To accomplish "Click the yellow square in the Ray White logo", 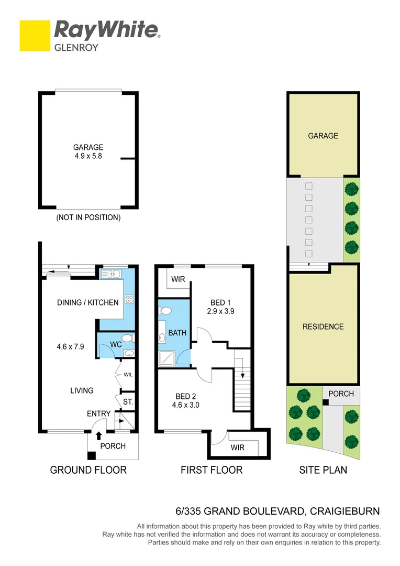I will click(x=35, y=36).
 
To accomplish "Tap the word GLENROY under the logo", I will click(x=76, y=47).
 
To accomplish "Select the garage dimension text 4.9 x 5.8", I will click(x=88, y=156).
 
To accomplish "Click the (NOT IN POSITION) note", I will click(x=88, y=217).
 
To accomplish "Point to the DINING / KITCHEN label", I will click(x=88, y=302).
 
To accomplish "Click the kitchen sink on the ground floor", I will click(x=111, y=274).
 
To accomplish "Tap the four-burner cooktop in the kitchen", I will click(x=129, y=300).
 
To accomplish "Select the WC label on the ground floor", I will click(x=115, y=345).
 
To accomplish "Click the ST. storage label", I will click(x=128, y=402).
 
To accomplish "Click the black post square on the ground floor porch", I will click(x=92, y=456).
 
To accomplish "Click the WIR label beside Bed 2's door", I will click(x=238, y=448).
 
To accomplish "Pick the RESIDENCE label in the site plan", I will click(x=323, y=326).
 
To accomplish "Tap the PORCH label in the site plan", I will click(x=341, y=394).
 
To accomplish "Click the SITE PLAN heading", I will click(x=323, y=470).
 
